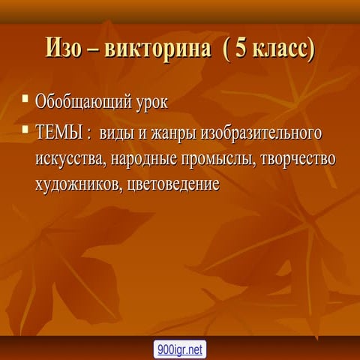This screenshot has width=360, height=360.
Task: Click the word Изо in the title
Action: (x=64, y=47)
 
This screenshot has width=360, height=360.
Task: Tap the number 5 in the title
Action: (x=241, y=48)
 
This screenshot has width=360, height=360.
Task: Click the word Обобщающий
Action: (x=83, y=103)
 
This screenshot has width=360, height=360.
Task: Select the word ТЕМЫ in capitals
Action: (x=59, y=132)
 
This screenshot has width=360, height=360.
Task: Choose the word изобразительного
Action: (x=261, y=133)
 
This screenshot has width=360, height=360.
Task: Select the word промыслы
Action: (x=218, y=159)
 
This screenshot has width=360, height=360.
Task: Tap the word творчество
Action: (x=298, y=158)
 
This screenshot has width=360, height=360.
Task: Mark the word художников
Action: (x=79, y=184)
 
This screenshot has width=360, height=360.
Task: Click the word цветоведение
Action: (x=173, y=184)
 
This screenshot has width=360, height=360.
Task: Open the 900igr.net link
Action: (x=180, y=349)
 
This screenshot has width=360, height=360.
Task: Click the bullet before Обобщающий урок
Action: (x=25, y=97)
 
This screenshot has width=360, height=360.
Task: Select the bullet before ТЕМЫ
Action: (x=25, y=129)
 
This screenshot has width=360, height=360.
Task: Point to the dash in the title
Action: (x=94, y=50)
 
